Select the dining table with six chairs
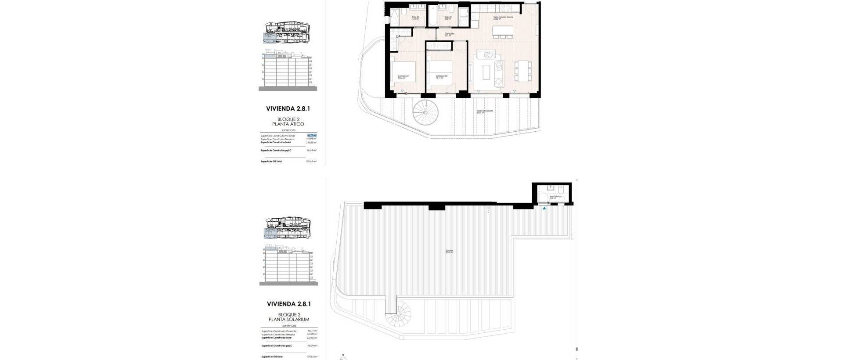523,71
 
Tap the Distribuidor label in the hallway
449,34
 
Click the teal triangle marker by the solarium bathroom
544,209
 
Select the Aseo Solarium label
555,197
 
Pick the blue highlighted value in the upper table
312,136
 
